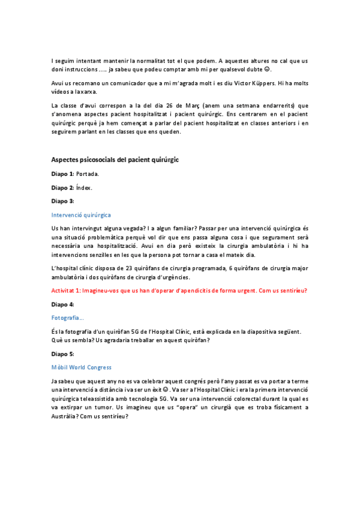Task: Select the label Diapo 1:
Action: [64, 173]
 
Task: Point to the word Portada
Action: [88, 173]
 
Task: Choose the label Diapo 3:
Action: [64, 201]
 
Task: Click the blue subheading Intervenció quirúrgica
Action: [81, 214]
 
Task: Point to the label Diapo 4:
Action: [64, 304]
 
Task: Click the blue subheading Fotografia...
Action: [67, 318]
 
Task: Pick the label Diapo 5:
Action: [64, 354]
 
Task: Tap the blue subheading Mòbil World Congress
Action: [82, 367]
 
